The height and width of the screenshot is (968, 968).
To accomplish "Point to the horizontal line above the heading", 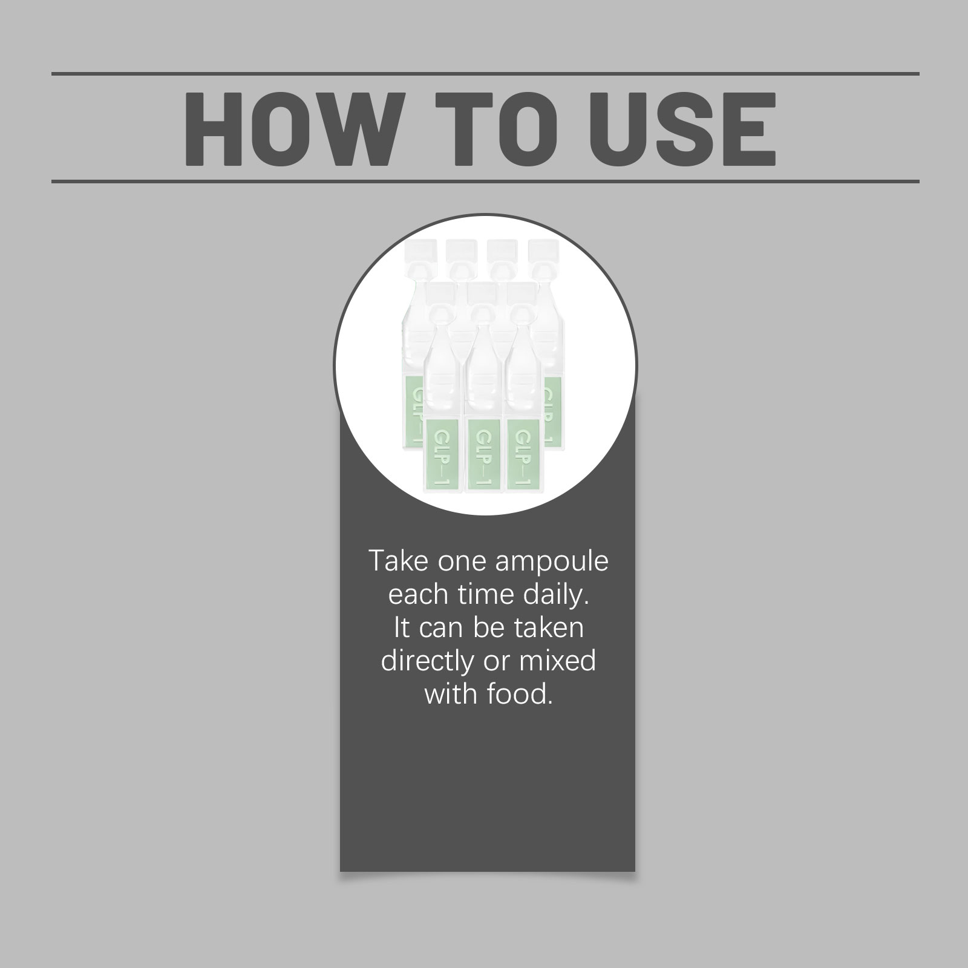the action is coord(485,74).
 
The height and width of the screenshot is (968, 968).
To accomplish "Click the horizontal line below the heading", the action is coord(485,181).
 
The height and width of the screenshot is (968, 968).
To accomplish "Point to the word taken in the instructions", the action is coord(549,628).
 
